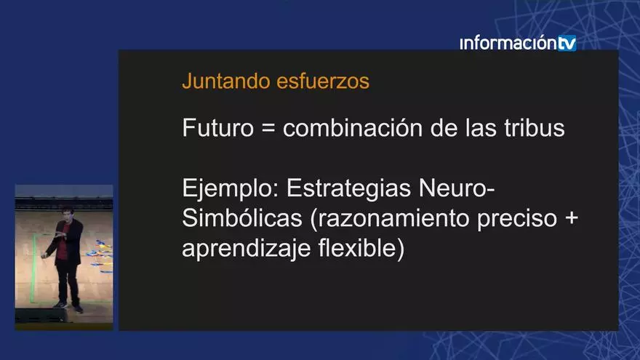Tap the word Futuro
tap(215, 129)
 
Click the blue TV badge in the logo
tap(567, 43)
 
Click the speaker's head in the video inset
tap(67, 214)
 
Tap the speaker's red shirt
tap(63, 244)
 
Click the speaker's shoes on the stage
tap(69, 307)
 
